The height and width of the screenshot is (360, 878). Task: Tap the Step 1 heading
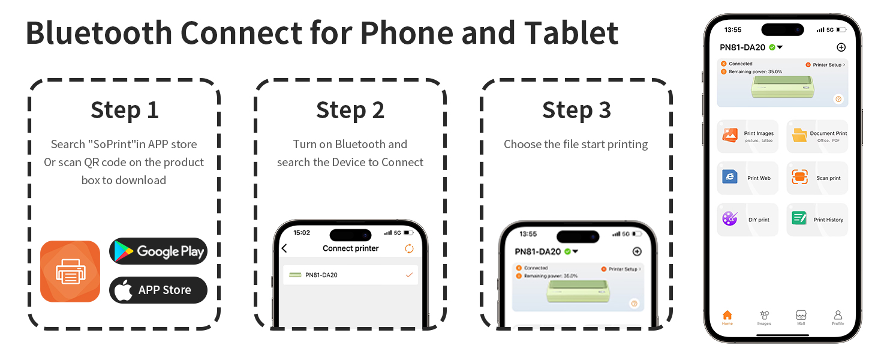pos(125,110)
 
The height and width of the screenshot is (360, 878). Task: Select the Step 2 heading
pos(350,110)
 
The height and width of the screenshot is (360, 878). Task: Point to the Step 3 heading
pos(576,110)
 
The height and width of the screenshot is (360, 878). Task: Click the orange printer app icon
pos(70,271)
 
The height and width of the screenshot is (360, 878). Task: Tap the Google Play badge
pos(158,251)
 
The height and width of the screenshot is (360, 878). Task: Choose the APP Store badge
pos(158,290)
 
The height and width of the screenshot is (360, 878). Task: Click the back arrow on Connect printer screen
pos(284,248)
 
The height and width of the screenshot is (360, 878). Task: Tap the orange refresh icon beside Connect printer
pos(409,248)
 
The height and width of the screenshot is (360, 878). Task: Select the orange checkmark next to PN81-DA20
pos(409,275)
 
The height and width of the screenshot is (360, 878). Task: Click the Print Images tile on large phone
pos(747,136)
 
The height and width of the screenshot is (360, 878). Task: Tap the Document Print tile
pos(817,136)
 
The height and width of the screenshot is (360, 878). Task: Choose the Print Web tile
pos(747,178)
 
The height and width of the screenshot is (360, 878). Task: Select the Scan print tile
pos(817,178)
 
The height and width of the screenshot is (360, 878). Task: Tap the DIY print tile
pos(747,219)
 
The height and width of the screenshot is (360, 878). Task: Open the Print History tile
pos(817,219)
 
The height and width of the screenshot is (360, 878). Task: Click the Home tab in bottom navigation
pos(727,317)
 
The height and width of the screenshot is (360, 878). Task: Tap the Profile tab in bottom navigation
pos(838,317)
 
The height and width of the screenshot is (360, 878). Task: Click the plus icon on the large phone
pos(841,47)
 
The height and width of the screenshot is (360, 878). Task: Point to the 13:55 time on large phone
pos(733,29)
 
